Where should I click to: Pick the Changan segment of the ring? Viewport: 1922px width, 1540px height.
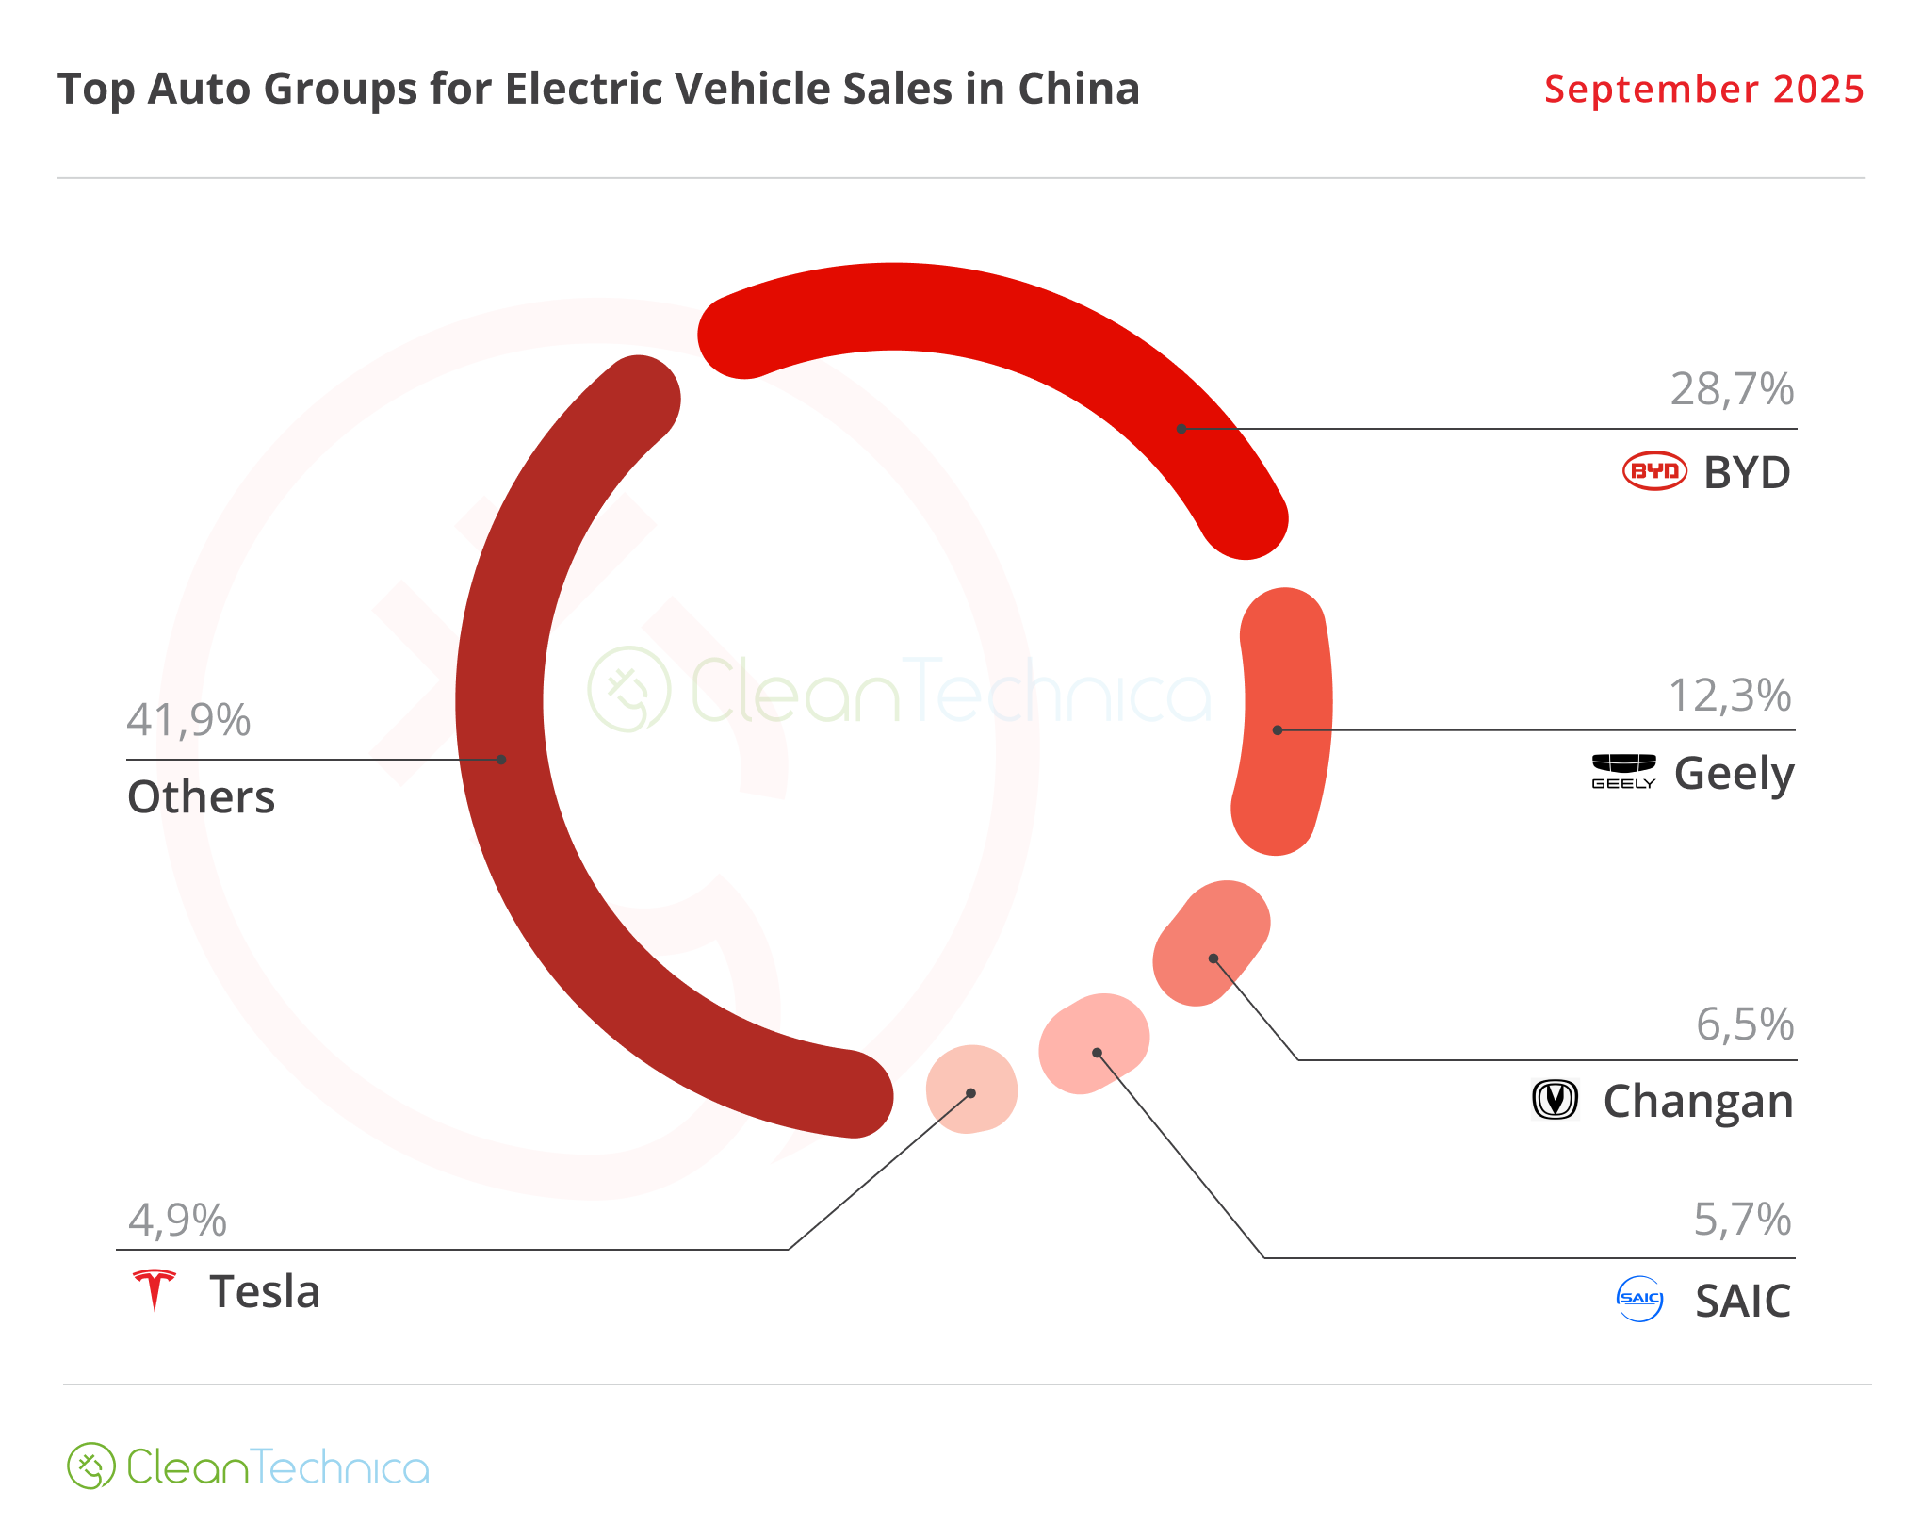1212,943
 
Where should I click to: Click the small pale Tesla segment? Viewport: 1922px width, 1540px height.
971,1089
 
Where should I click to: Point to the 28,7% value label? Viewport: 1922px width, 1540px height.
1732,389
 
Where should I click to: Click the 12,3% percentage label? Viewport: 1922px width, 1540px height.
1730,696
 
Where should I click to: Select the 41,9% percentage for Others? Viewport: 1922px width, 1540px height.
188,720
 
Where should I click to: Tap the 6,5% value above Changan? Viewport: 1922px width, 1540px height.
1745,1024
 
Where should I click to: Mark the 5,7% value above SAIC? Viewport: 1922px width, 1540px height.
1742,1220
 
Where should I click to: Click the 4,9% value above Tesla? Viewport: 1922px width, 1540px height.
177,1221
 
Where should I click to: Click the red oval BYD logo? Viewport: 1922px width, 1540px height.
1654,471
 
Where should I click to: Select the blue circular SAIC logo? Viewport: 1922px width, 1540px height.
1639,1299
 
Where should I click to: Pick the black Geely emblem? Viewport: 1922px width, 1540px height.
1623,770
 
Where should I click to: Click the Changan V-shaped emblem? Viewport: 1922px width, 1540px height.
1556,1100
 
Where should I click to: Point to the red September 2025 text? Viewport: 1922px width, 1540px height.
1703,90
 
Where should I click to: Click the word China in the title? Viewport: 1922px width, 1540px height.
1079,90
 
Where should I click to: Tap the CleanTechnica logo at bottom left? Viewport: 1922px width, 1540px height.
248,1466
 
